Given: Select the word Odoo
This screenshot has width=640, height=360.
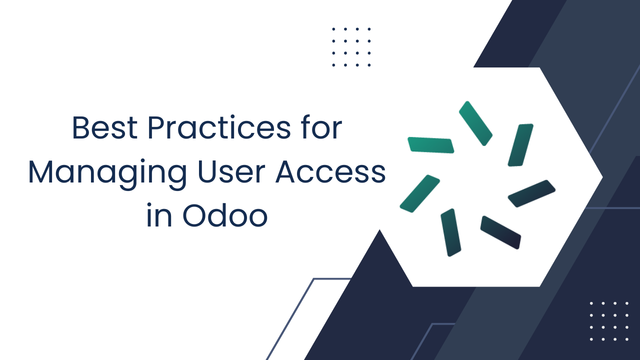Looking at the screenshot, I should [224, 216].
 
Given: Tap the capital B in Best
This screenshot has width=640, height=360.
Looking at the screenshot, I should [81, 128].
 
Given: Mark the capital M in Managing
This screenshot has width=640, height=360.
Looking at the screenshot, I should [42, 172].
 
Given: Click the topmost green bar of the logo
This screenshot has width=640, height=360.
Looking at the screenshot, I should [475, 123].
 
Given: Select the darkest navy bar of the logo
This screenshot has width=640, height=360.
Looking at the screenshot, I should [500, 232].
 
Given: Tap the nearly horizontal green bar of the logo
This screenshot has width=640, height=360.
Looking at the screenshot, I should [430, 145].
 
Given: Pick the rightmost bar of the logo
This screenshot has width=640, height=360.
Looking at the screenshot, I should [531, 193].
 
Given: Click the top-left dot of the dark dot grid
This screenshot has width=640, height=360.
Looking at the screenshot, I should [333, 29].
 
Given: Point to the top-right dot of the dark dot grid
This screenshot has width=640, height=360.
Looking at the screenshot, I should [369, 29].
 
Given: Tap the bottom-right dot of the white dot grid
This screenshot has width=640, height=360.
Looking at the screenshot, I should [627, 339].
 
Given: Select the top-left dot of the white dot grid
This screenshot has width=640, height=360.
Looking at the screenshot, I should [591, 303].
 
